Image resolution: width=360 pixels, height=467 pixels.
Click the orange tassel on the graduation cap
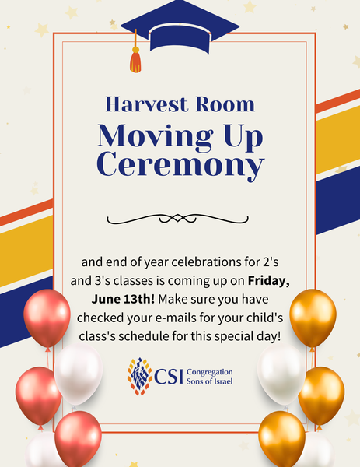[135, 60]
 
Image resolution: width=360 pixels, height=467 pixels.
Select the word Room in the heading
[225, 104]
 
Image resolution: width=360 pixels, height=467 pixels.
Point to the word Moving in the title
[156, 135]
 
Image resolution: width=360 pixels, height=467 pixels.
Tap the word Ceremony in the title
[180, 166]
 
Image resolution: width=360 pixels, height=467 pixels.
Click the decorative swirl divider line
[177, 219]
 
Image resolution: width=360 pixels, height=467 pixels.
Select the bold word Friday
[269, 281]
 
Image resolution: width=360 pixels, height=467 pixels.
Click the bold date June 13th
[123, 299]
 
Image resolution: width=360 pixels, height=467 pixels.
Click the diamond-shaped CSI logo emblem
[140, 377]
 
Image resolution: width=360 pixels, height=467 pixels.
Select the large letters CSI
[169, 377]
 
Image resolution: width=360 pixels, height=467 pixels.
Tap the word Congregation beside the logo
[210, 372]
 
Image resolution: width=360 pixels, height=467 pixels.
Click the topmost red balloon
[47, 318]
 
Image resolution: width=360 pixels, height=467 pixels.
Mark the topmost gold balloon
[313, 318]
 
